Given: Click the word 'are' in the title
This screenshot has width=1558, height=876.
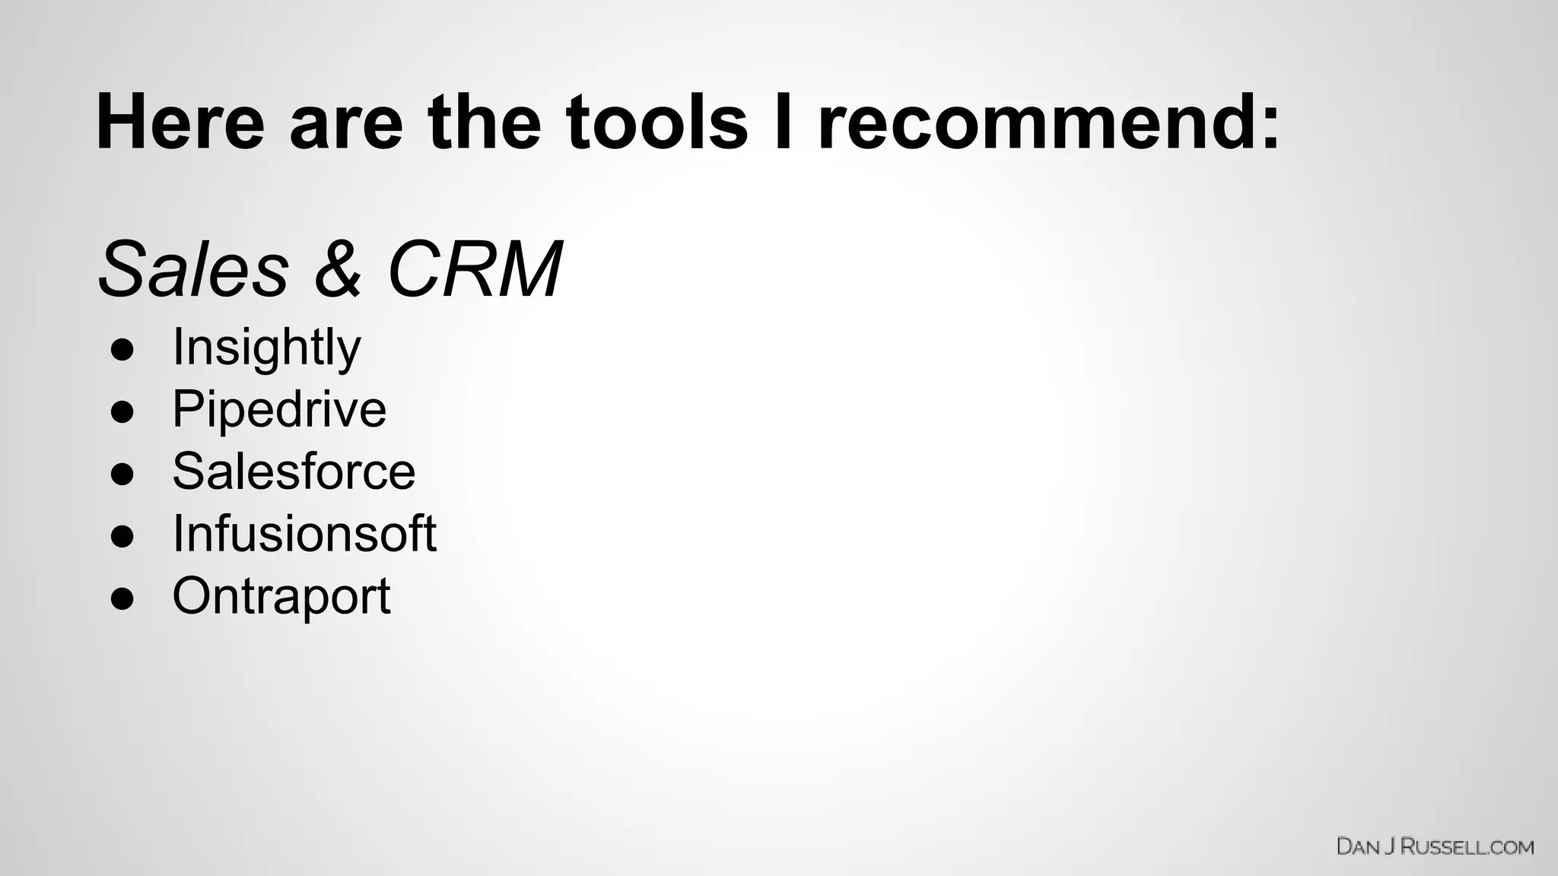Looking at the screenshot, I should [x=346, y=123].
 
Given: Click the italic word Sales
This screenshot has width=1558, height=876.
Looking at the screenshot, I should [x=194, y=269].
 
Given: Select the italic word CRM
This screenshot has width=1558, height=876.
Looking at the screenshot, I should [x=475, y=269].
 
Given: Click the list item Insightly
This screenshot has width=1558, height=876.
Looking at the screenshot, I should [x=266, y=348].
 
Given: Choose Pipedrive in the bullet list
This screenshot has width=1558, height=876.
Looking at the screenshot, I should [x=279, y=409].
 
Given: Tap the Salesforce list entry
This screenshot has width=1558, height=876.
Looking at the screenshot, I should [x=294, y=471].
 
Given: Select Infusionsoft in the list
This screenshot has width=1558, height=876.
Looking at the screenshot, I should [x=304, y=534].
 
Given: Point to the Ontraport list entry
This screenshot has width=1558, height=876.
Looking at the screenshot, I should [x=281, y=596].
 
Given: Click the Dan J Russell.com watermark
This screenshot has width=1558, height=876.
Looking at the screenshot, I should [x=1435, y=846].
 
